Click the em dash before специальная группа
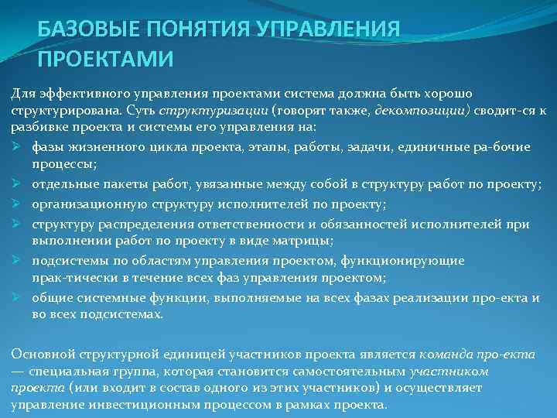coord(18,371)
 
